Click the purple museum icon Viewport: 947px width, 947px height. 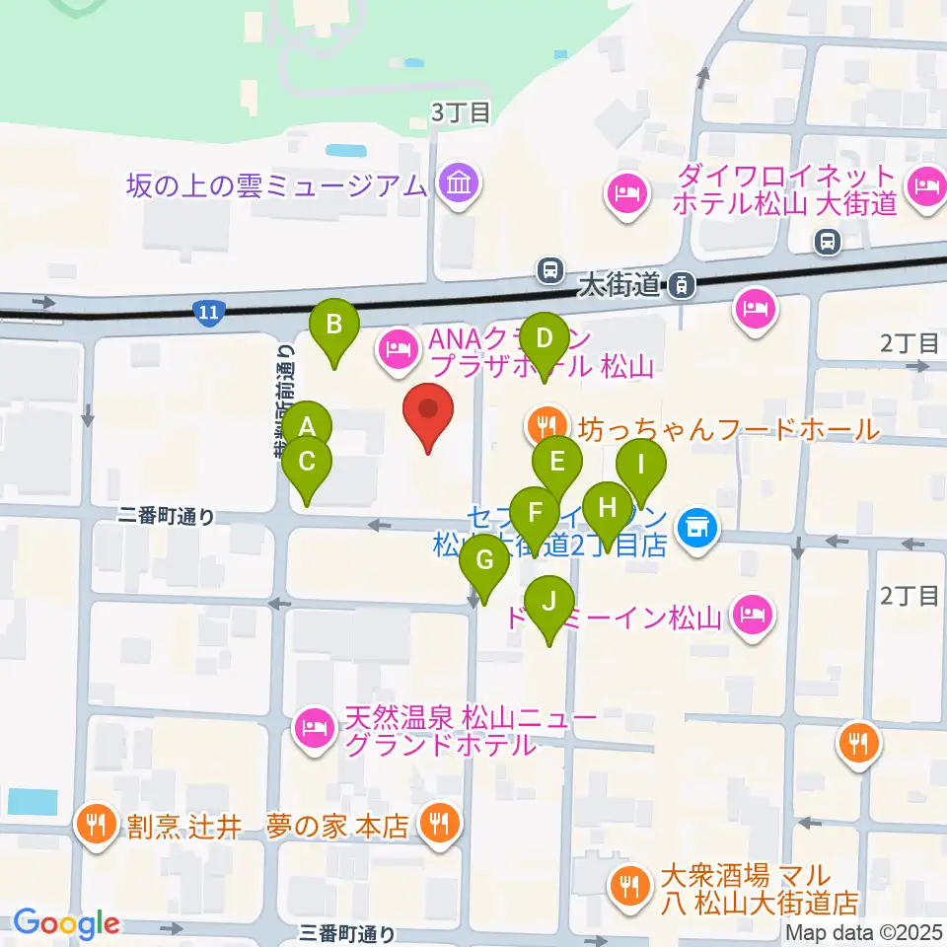point(460,183)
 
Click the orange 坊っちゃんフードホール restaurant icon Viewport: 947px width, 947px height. point(545,426)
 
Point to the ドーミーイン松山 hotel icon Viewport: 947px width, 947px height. point(753,617)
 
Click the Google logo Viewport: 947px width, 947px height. point(66,922)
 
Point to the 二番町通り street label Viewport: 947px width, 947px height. point(166,516)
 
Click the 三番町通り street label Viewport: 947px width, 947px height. point(349,932)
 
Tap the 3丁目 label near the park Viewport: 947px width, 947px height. point(460,112)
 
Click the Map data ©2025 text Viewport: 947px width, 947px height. point(864,931)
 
